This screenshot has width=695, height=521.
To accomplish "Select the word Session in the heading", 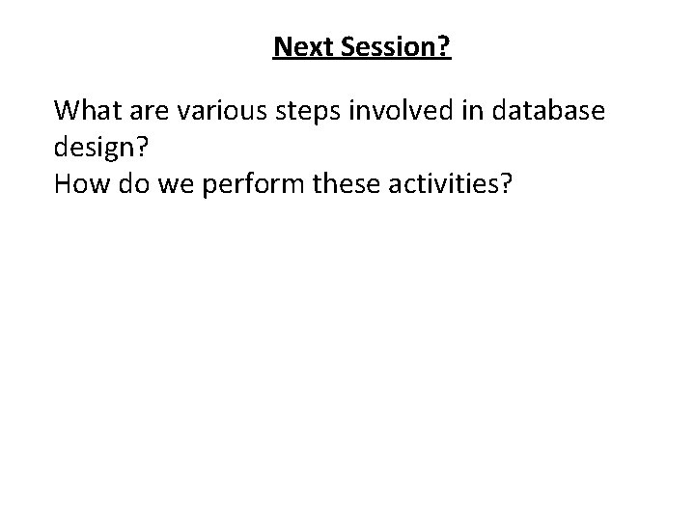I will tap(383, 46).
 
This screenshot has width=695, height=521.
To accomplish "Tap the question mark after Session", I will tap(444, 46).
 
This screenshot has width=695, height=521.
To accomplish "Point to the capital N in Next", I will tap(282, 46).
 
